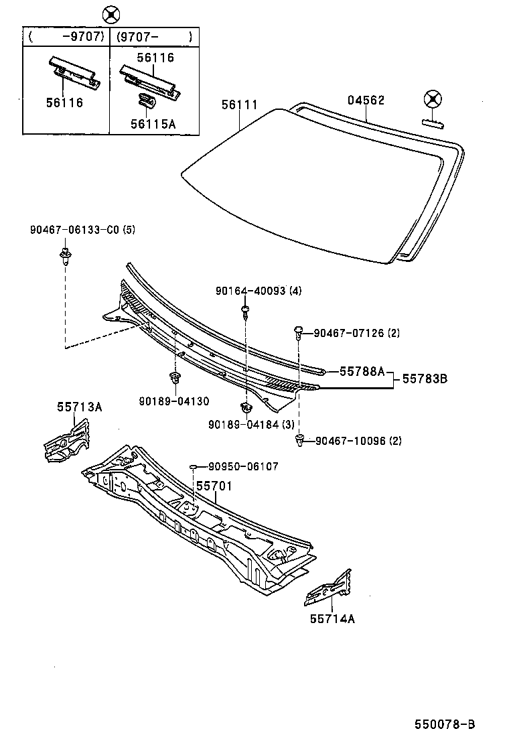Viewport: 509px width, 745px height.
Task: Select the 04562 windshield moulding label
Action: point(366,100)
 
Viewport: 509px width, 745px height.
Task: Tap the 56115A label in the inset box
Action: point(153,123)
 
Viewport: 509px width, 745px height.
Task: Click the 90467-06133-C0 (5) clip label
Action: point(82,229)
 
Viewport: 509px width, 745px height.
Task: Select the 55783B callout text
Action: point(424,379)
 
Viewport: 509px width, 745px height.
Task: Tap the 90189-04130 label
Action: point(174,401)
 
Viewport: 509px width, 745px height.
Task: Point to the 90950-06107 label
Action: point(242,466)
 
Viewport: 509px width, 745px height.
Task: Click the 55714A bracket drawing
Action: point(328,588)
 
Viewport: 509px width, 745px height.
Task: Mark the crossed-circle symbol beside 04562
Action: point(433,100)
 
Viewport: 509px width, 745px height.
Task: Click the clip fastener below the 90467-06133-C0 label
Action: point(65,256)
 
